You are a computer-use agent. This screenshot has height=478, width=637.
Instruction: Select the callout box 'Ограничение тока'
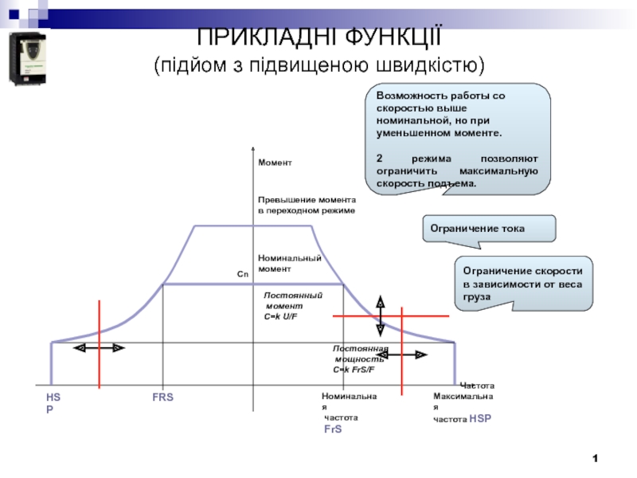[x=487, y=229]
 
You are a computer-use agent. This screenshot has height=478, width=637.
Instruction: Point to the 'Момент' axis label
[x=275, y=163]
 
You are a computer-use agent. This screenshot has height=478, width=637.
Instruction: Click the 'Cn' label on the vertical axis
[x=243, y=274]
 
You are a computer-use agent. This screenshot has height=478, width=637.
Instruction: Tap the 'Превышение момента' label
[x=307, y=198]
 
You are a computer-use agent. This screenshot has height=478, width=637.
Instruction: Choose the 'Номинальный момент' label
[x=289, y=263]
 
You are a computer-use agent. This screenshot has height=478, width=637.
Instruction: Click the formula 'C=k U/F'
[x=286, y=316]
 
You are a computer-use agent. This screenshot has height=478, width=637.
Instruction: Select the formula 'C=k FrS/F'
[x=354, y=370]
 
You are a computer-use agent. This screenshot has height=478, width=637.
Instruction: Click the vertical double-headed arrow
[x=381, y=314]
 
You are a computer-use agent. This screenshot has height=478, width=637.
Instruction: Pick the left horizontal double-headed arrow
[x=99, y=348]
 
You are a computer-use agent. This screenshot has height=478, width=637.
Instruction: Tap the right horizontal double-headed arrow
[x=411, y=356]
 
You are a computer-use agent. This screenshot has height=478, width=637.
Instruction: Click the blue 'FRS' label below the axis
[x=163, y=397]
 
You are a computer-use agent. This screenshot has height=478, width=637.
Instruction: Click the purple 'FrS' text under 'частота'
[x=332, y=429]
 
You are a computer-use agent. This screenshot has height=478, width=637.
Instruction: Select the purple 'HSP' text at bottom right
[x=482, y=417]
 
